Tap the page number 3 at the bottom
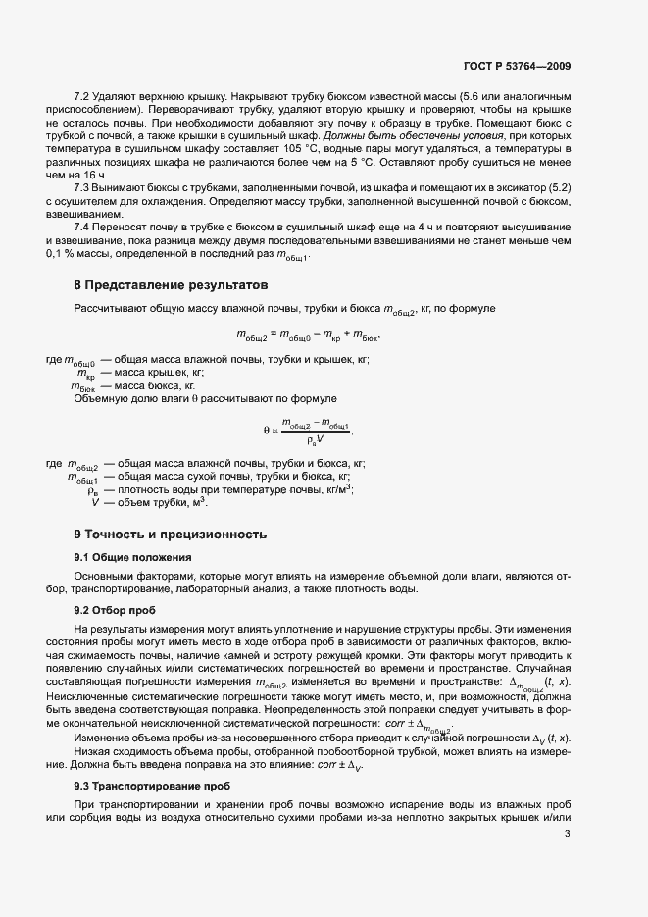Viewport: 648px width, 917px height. [x=568, y=834]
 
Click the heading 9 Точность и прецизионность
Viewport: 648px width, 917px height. [x=171, y=535]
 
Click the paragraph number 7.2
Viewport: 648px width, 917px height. [x=83, y=95]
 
